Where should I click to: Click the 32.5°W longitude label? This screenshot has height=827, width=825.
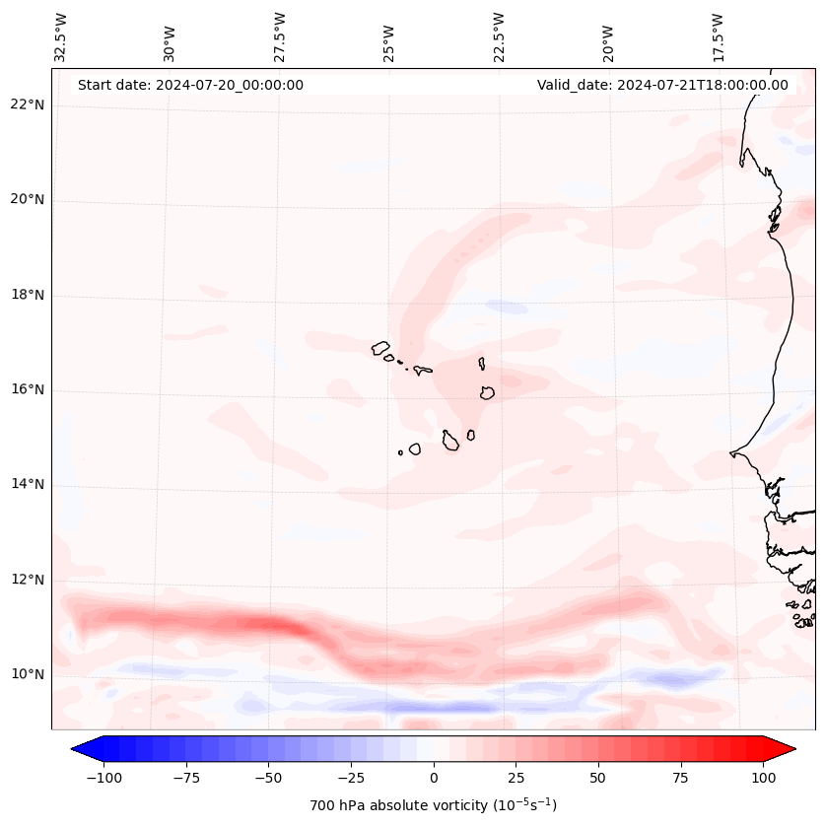click(x=61, y=36)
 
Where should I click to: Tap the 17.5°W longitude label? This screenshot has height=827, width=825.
click(x=718, y=36)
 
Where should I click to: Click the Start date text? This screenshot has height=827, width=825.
click(x=190, y=85)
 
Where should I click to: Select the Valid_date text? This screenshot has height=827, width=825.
click(x=662, y=85)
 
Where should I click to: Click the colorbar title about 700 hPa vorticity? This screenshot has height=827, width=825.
click(x=433, y=805)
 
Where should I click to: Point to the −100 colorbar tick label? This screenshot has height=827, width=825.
click(x=103, y=777)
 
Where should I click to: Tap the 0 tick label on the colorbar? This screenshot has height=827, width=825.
click(x=434, y=777)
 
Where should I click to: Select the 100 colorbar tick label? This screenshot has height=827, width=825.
click(x=763, y=777)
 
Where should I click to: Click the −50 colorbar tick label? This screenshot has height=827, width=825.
click(x=268, y=777)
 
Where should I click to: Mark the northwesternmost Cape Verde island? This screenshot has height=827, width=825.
click(x=380, y=347)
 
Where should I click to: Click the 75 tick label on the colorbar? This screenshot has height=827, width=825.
click(x=680, y=777)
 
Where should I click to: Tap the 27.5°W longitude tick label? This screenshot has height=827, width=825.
click(x=280, y=36)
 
